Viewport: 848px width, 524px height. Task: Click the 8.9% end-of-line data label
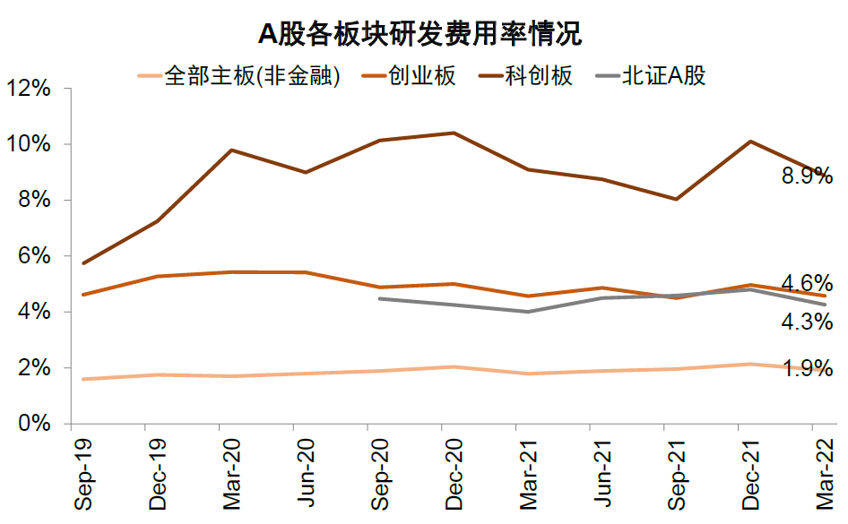(807, 176)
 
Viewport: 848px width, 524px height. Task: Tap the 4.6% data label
(807, 285)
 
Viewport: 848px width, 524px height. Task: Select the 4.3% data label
(807, 321)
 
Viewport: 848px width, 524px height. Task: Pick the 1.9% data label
(807, 368)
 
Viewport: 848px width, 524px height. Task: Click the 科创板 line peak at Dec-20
(454, 133)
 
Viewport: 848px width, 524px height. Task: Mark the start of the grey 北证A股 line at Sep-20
(379, 298)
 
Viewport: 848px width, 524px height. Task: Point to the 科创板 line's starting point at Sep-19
(83, 263)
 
